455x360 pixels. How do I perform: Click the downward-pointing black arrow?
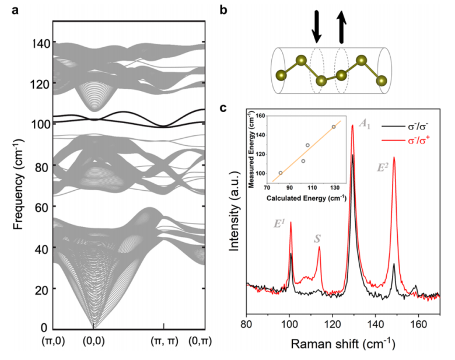coord(316,26)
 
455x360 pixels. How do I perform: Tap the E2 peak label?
coord(383,167)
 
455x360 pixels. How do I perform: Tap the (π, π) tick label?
coord(164,339)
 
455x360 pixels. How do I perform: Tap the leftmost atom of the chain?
coord(282,75)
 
